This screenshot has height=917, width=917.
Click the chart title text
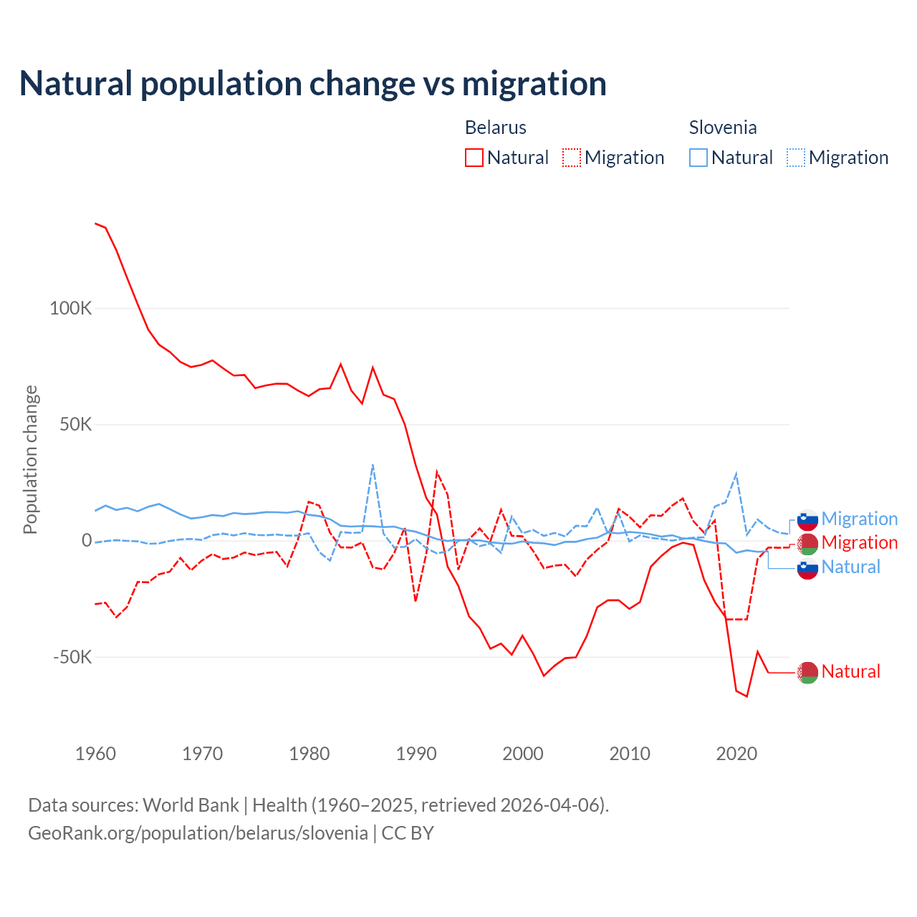click(313, 84)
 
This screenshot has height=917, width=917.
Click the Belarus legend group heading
click(496, 128)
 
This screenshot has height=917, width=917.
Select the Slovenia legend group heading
click(723, 128)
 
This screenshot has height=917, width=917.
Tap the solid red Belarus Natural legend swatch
click(474, 158)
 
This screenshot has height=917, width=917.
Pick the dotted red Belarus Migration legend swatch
click(572, 158)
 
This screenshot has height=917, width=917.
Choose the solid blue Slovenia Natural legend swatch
click(698, 158)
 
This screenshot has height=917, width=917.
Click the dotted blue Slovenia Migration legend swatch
click(796, 158)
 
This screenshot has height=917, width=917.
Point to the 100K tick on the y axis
click(71, 309)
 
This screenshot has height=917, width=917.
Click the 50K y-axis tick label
click(75, 425)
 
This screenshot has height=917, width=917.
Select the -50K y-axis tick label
click(73, 657)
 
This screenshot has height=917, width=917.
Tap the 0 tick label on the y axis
click(87, 541)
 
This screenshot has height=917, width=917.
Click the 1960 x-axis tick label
click(95, 754)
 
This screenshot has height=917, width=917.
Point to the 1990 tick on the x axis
click(416, 754)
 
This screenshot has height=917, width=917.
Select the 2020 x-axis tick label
click(736, 754)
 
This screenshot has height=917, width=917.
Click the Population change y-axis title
click(30, 459)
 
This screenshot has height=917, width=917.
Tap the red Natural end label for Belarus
click(850, 671)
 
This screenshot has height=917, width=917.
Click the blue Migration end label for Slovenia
click(859, 519)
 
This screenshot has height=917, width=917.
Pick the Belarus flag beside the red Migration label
click(807, 543)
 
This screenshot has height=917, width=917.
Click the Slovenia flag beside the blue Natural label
click(807, 568)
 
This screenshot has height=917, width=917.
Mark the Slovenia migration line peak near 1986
click(373, 465)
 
